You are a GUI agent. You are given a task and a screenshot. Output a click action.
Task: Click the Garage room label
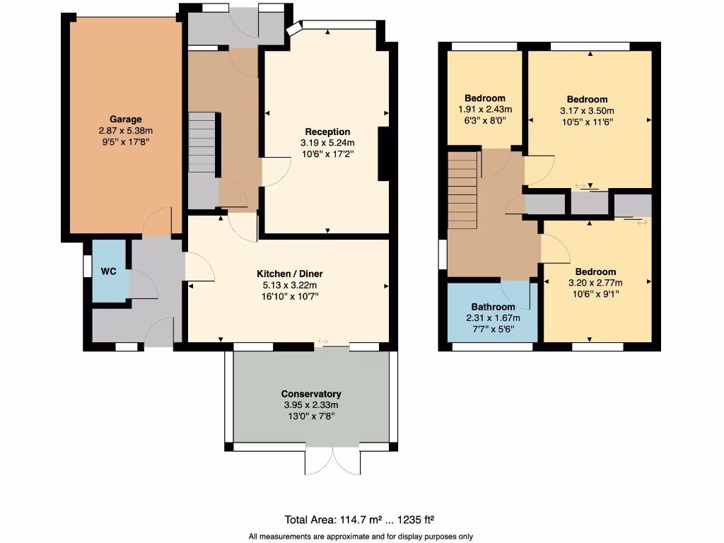tap(125, 119)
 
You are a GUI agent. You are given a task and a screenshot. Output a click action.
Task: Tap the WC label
tap(108, 271)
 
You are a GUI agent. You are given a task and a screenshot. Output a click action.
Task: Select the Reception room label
tap(327, 132)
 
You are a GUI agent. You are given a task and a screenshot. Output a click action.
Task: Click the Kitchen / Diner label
tap(289, 274)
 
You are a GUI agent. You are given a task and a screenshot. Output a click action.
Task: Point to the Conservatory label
tap(311, 394)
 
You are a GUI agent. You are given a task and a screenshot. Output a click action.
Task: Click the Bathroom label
tap(493, 307)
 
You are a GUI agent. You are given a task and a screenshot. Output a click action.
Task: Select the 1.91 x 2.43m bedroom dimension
tap(485, 109)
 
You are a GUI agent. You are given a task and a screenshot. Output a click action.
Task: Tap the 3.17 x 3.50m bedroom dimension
tap(587, 110)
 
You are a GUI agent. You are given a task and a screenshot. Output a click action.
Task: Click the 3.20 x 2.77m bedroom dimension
tap(595, 283)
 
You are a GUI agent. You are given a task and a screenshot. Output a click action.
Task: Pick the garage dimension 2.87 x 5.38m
tap(125, 131)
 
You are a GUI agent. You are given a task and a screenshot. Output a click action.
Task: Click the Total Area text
tap(364, 519)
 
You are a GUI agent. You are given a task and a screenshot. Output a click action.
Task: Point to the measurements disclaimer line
tap(361, 537)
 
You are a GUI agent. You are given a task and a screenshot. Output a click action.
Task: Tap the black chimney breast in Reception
tap(384, 153)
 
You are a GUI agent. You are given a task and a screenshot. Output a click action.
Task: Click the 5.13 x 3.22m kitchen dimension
tap(289, 285)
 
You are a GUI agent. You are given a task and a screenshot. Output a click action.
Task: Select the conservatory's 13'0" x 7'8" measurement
tap(311, 416)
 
